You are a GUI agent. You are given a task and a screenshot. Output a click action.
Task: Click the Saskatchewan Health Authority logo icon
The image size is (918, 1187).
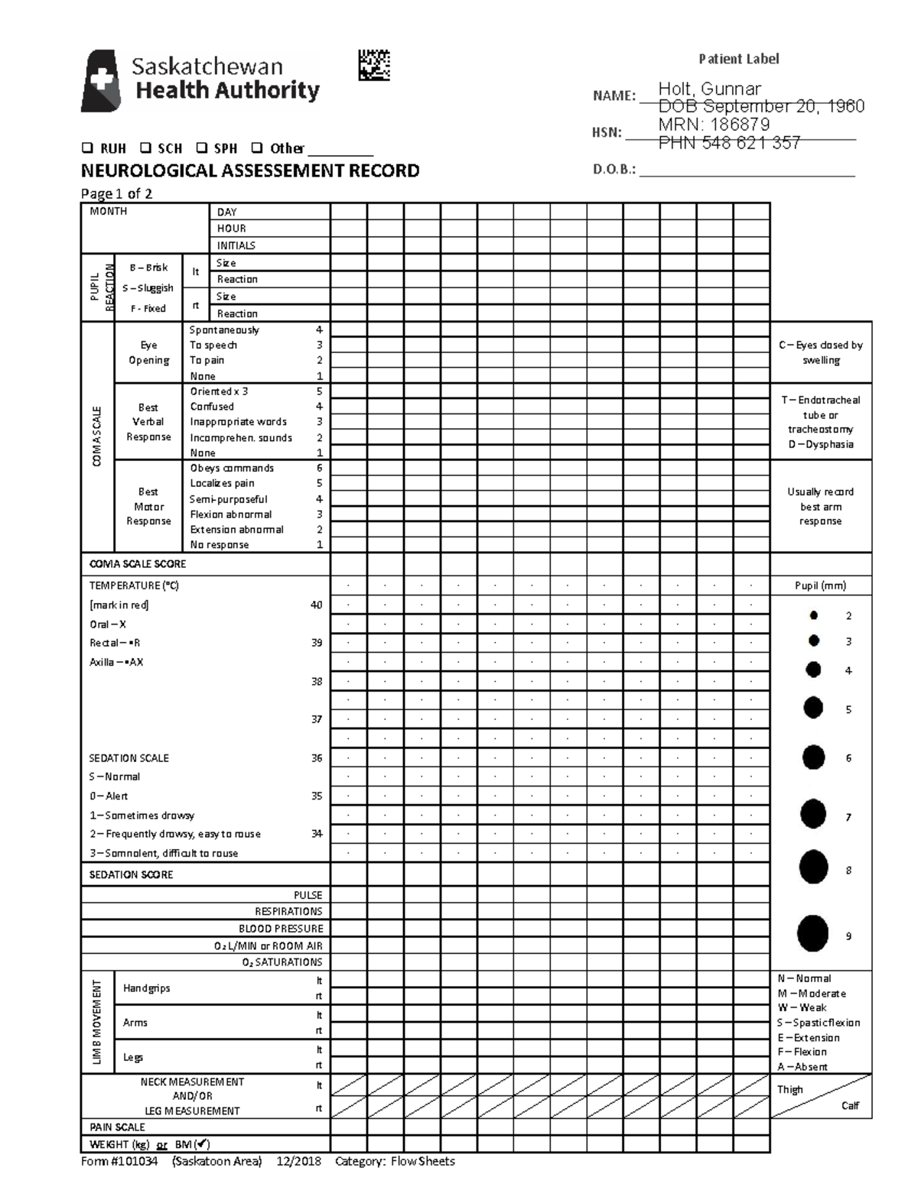(x=101, y=81)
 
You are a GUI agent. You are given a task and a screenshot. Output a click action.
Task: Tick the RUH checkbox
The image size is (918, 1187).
(x=86, y=148)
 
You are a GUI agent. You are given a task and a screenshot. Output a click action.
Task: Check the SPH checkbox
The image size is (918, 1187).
(x=201, y=148)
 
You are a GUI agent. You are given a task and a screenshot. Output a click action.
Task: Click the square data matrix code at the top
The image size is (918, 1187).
(x=374, y=66)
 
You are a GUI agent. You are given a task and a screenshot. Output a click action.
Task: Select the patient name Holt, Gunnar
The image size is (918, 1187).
(x=709, y=89)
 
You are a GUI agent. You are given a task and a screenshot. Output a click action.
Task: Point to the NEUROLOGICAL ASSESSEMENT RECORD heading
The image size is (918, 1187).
(x=250, y=170)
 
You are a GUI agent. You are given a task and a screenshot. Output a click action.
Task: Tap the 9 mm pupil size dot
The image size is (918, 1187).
(x=812, y=933)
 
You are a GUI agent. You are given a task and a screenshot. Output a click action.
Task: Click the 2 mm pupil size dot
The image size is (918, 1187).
(x=814, y=615)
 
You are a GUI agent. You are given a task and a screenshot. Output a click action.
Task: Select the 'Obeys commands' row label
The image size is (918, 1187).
(x=232, y=468)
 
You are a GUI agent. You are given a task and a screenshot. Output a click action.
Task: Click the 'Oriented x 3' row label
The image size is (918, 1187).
(x=219, y=391)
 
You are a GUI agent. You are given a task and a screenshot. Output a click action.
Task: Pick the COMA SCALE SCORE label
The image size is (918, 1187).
(x=138, y=564)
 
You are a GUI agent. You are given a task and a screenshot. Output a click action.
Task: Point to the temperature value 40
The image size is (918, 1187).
(x=316, y=605)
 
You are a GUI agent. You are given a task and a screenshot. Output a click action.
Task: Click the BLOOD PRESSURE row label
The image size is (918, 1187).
(x=281, y=929)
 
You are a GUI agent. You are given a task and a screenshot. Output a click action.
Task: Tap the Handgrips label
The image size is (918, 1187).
(x=146, y=988)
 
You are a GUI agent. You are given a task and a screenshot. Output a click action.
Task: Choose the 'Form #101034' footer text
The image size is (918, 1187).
(x=119, y=1162)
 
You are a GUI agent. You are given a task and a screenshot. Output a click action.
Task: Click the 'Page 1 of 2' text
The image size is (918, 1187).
(x=116, y=193)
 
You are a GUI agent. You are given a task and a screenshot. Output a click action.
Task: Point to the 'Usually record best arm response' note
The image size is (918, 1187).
(x=820, y=506)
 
